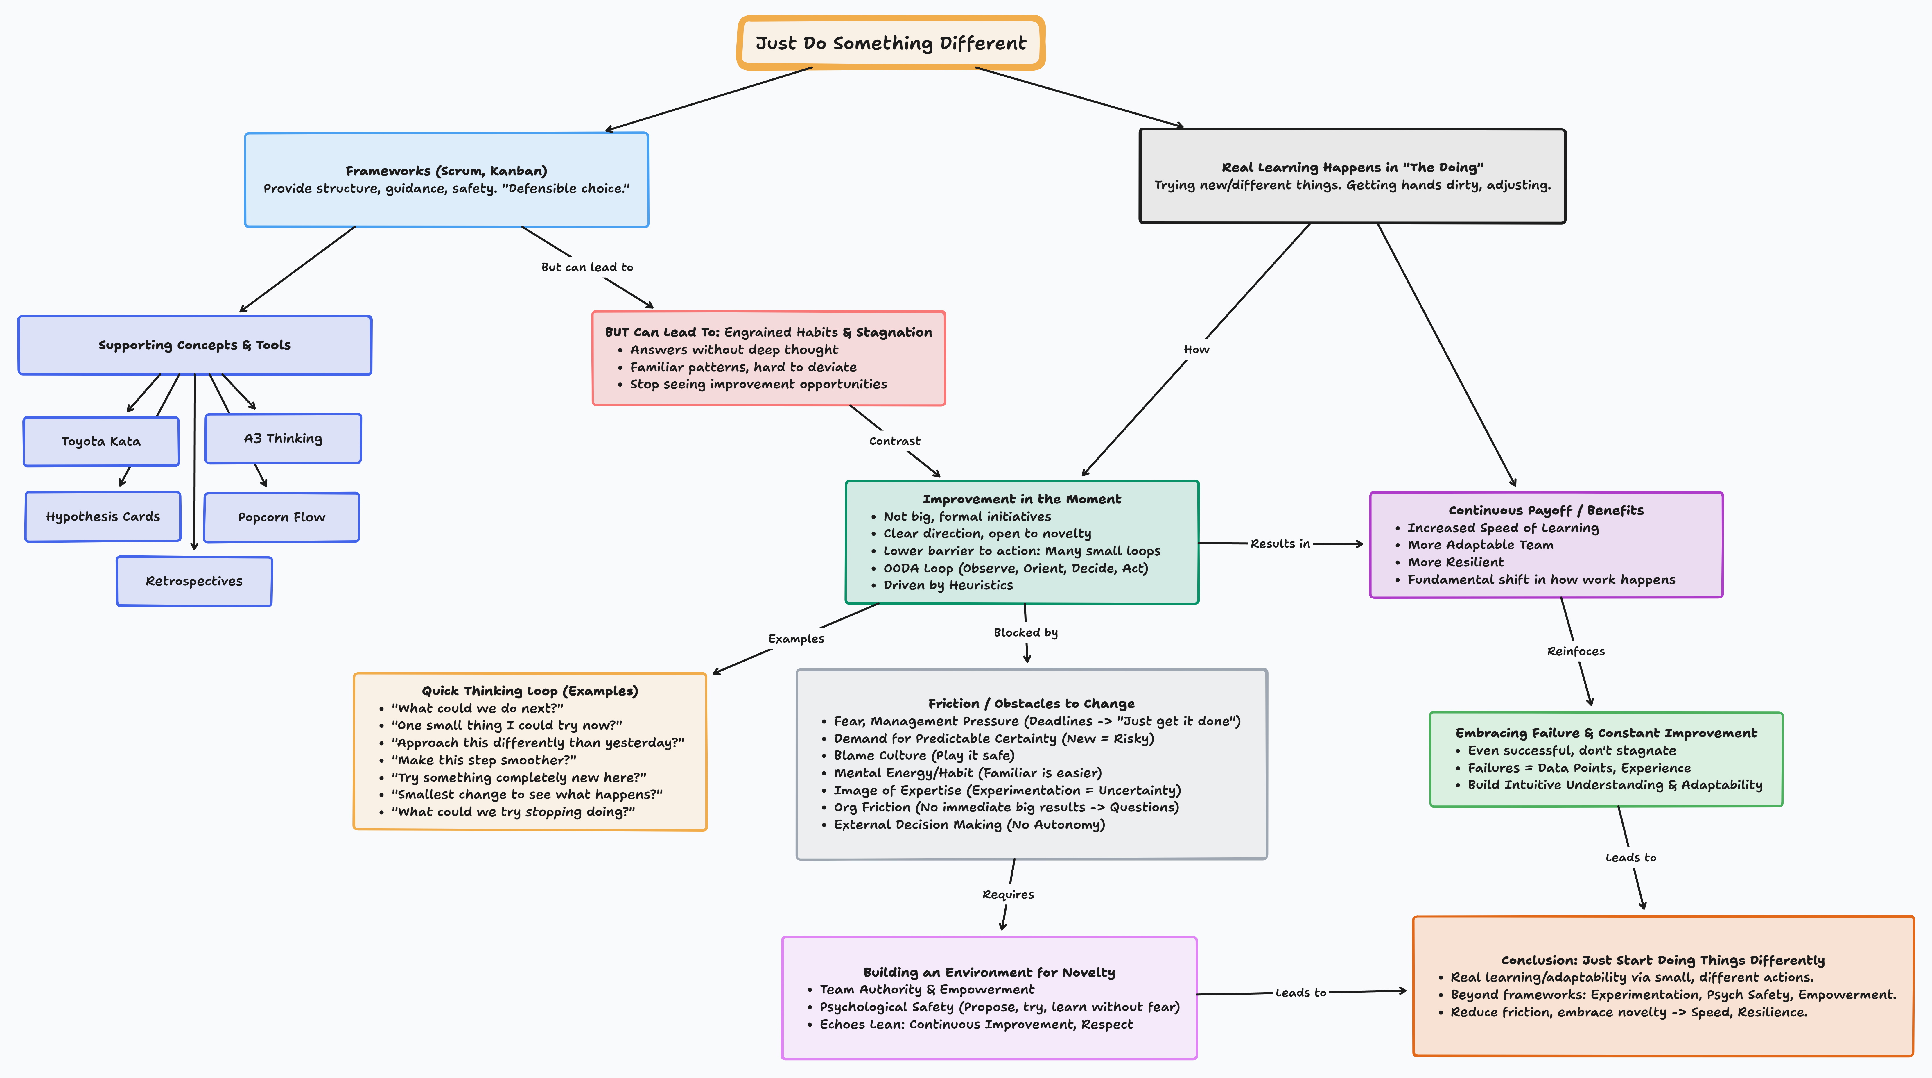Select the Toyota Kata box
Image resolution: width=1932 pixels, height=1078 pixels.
101,441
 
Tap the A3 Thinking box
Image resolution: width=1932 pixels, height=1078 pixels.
283,438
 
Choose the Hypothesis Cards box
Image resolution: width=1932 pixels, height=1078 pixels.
103,516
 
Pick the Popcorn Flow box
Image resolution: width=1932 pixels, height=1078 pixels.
281,517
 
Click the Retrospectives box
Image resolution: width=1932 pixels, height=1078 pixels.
194,581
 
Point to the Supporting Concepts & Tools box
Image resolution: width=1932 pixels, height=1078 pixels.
194,345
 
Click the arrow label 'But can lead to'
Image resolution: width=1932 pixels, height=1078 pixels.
587,267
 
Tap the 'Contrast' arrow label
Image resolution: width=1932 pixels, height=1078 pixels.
895,441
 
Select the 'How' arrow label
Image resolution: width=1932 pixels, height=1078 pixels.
1196,350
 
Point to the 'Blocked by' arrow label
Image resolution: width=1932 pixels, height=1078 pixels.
1025,632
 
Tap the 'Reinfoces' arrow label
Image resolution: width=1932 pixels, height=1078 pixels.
1576,651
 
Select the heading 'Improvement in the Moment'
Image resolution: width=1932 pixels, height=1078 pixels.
1022,499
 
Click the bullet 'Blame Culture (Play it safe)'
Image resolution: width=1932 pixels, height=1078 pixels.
924,755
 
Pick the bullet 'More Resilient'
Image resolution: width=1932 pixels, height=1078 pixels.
1455,562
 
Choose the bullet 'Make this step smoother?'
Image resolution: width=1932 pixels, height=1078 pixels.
484,760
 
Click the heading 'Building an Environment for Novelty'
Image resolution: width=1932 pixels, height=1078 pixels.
989,972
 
